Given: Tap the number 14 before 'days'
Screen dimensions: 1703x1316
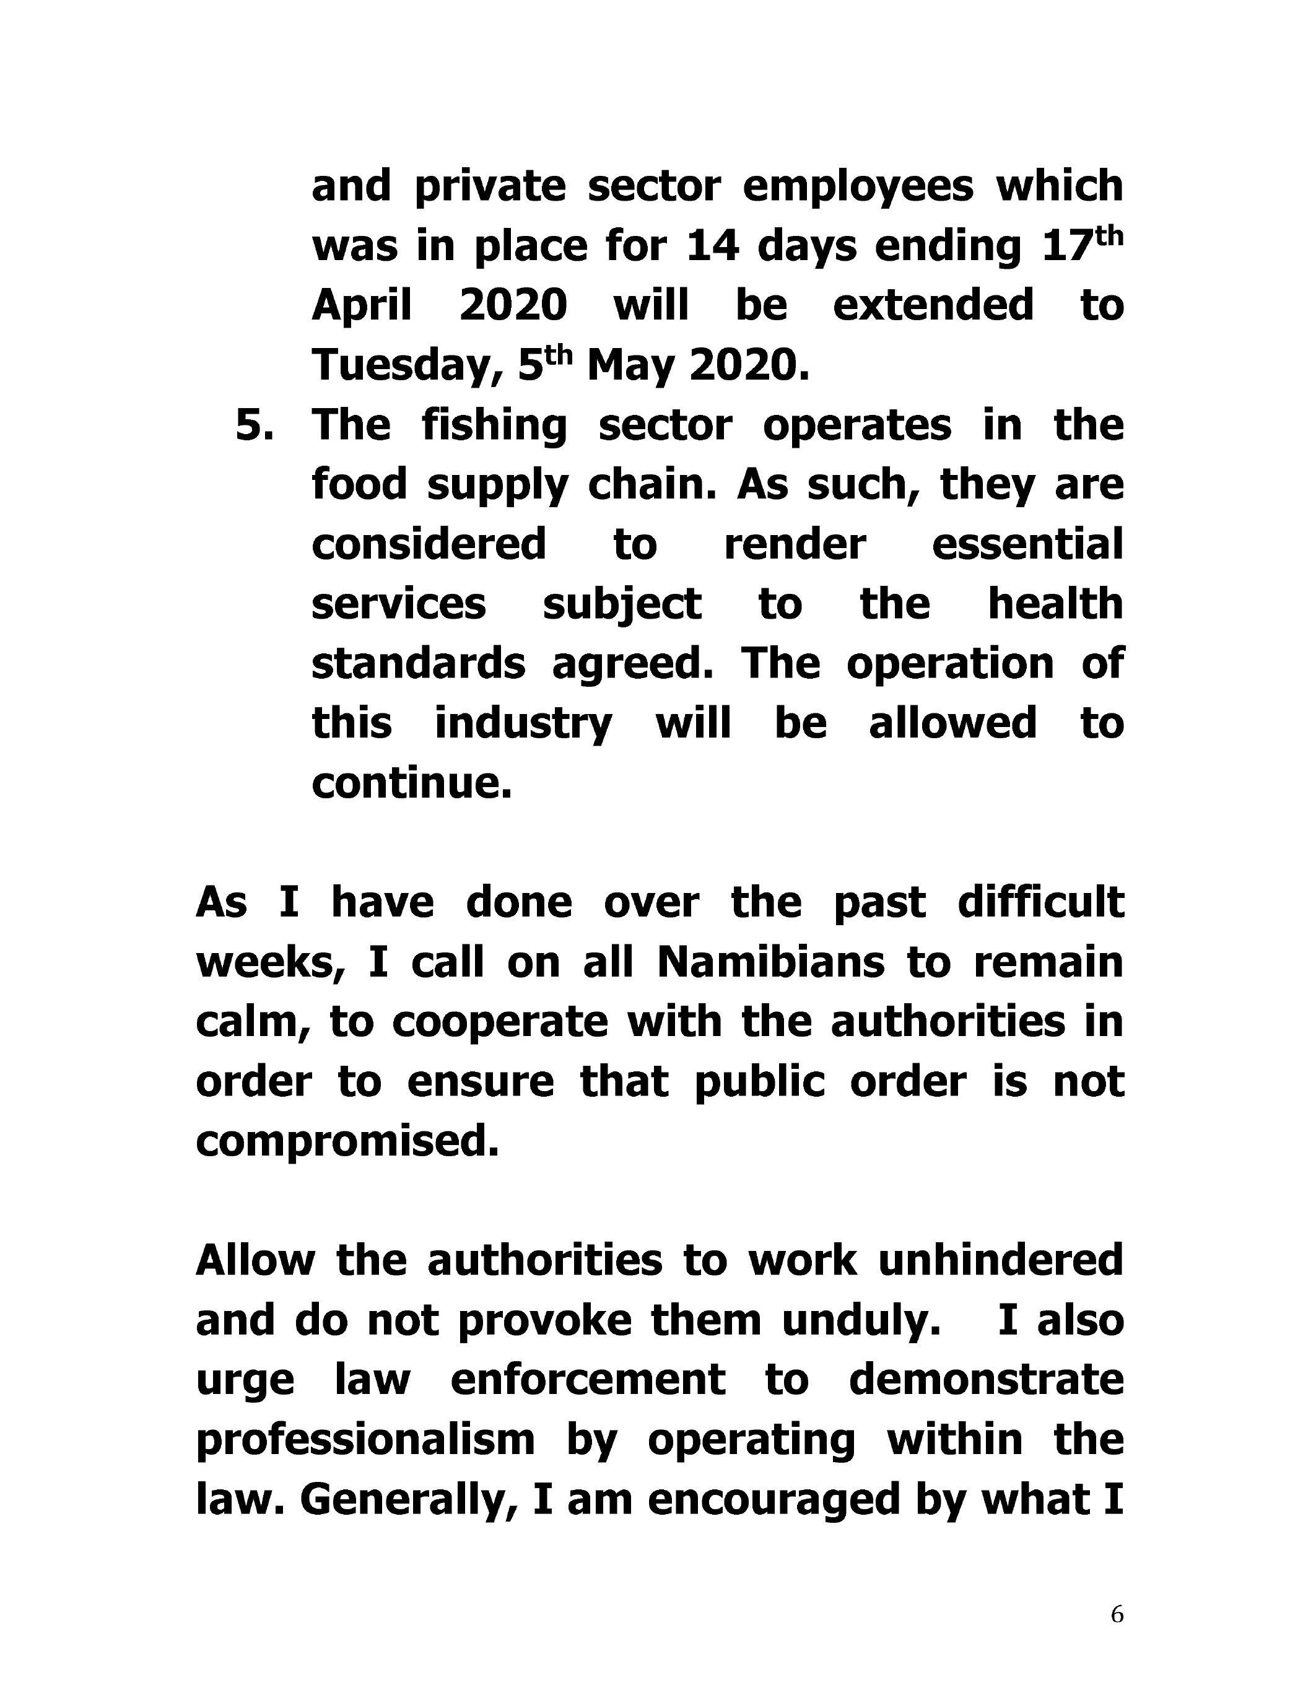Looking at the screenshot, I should [712, 246].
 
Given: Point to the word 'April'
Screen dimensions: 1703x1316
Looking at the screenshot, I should [362, 306].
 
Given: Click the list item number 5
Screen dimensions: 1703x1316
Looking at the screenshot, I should [254, 426].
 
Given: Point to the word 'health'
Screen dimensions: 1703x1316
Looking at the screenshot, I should [1055, 604].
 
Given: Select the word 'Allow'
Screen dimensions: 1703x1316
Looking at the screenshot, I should [255, 1261].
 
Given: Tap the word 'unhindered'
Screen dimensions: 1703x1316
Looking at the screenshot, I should [1000, 1261].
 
